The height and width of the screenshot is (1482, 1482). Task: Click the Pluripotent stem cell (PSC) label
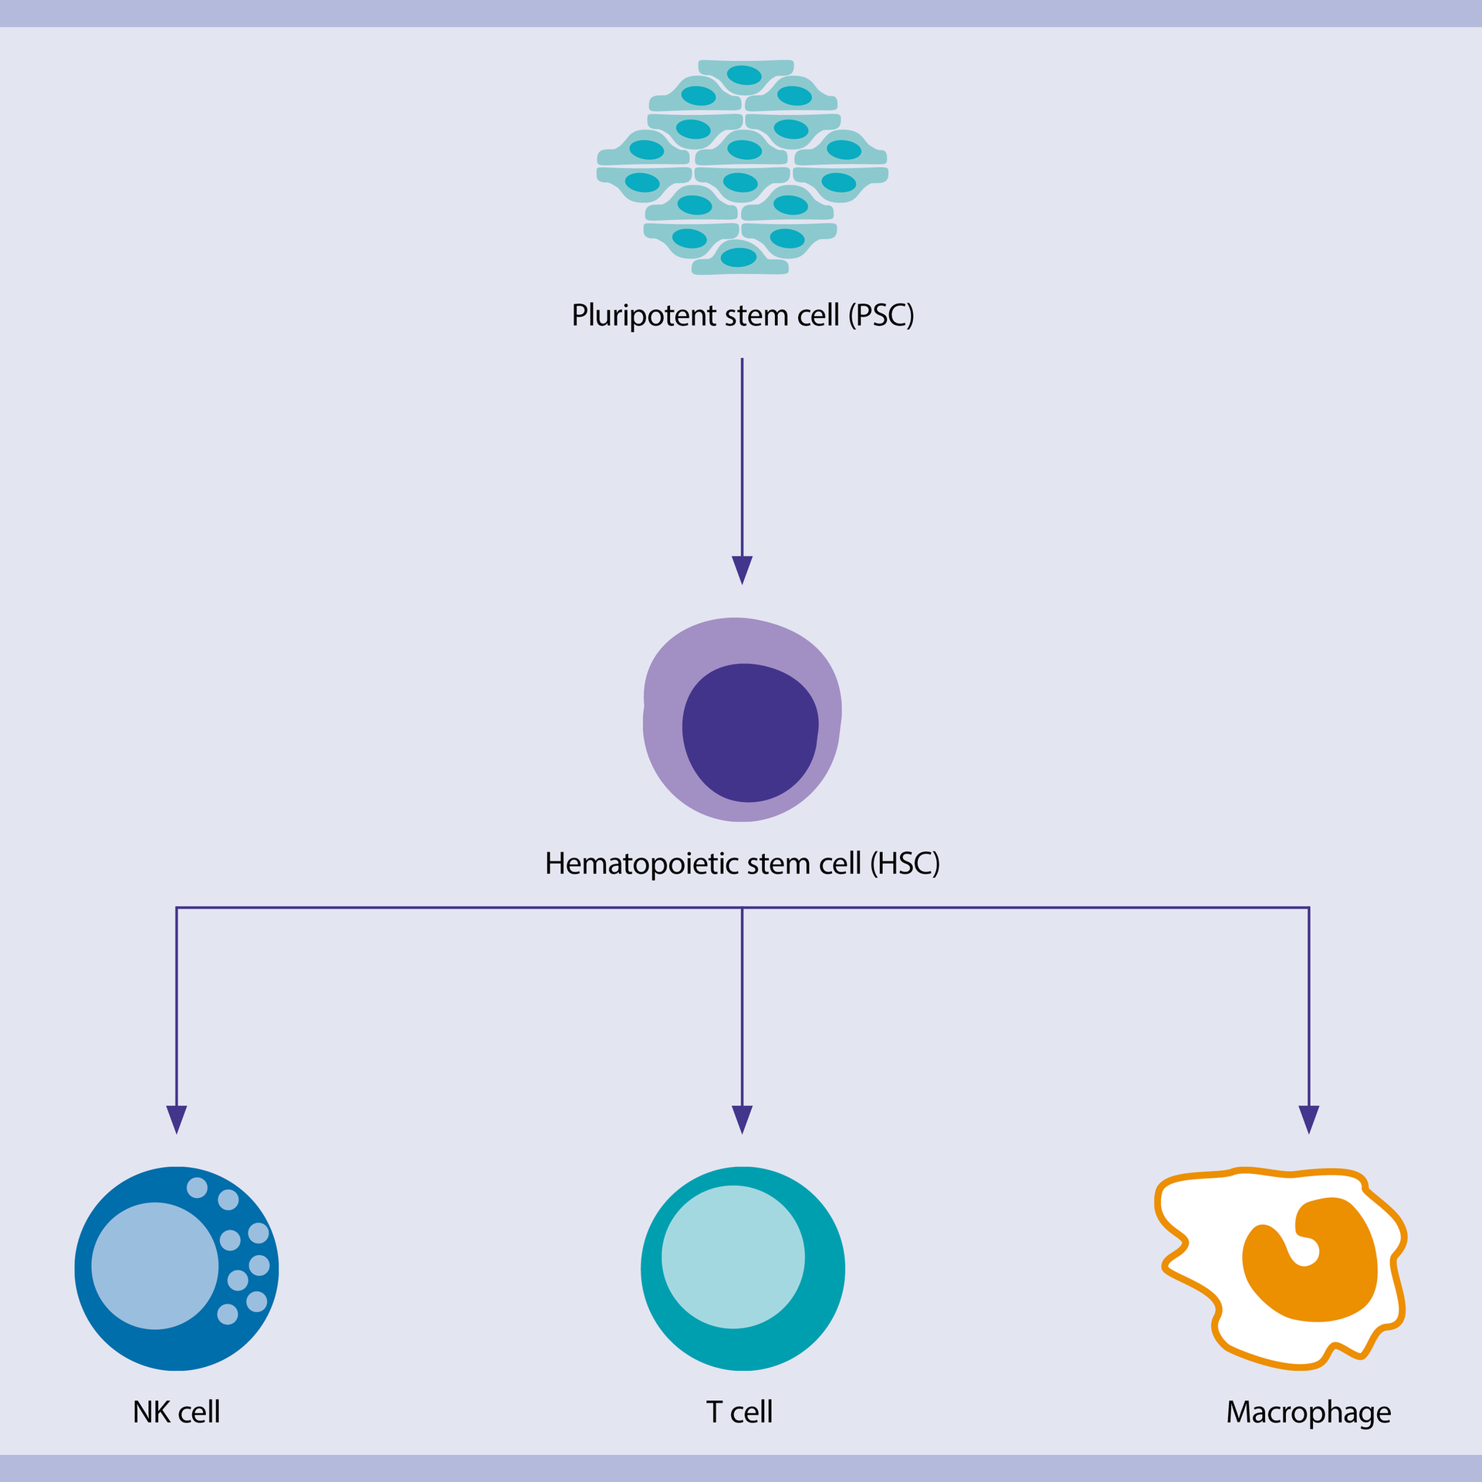742,316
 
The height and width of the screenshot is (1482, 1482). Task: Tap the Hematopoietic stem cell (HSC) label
742,864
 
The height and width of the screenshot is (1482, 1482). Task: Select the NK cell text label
177,1413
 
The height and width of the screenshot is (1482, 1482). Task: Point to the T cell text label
739,1413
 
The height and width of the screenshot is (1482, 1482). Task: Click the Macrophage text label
1308,1413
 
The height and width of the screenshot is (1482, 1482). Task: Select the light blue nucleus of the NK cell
154,1266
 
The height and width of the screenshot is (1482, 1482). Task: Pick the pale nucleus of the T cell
733,1257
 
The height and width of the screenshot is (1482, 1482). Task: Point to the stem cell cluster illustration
742,167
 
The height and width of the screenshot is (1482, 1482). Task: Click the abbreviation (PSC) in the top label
881,316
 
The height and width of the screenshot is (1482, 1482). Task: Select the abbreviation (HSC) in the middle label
905,864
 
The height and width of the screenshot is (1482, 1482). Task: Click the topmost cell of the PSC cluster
744,75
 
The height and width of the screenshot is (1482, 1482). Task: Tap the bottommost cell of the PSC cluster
739,258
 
